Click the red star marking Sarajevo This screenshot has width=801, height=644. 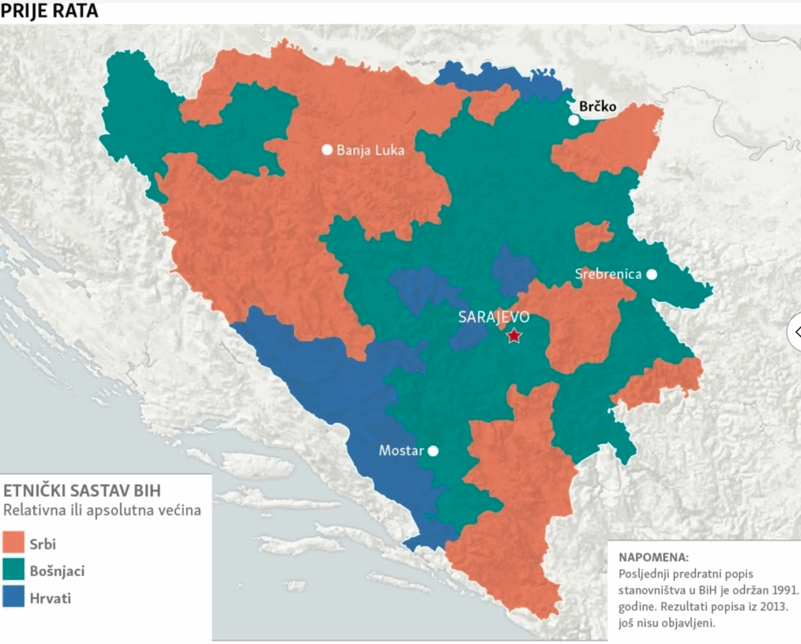pos(513,336)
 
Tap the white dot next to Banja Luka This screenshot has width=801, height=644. pos(326,149)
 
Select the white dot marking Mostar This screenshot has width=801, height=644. pos(433,451)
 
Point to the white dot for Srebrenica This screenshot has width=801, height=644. pos(652,274)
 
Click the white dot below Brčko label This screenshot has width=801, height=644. pos(573,120)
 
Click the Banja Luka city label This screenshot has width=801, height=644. pos(370,150)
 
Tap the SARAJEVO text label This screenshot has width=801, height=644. pos(493,317)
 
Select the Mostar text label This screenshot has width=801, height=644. pos(400,451)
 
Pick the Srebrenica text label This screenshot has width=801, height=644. pos(608,274)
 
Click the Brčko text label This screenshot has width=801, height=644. pos(597,106)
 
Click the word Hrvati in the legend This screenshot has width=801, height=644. pos(51,598)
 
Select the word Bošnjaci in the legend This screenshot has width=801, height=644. pos(57,571)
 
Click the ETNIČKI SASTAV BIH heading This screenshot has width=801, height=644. pos(82,490)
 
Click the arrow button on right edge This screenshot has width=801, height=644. pos(794,331)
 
